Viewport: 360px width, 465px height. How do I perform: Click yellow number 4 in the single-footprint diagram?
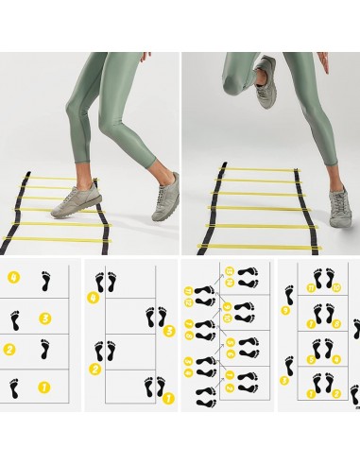point(13,279)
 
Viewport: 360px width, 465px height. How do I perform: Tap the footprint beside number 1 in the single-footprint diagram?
point(14,387)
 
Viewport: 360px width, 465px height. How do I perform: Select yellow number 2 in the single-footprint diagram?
point(9,350)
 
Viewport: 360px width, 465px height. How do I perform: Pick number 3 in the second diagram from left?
point(169,331)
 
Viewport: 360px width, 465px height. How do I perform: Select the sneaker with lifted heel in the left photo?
point(163,190)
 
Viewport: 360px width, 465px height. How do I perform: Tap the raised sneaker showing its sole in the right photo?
point(266,70)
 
